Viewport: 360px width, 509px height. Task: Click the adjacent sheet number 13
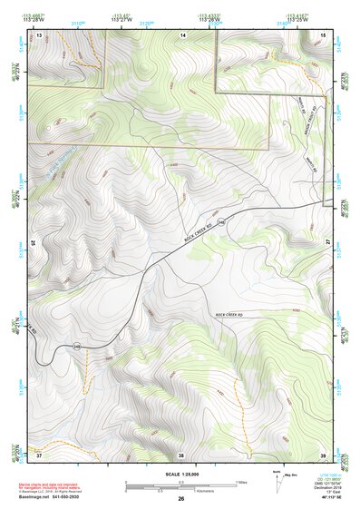(x=39, y=34)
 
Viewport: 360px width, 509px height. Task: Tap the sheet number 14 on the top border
(x=182, y=34)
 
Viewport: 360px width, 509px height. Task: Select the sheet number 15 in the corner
(x=324, y=34)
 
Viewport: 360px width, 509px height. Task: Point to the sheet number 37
(x=39, y=454)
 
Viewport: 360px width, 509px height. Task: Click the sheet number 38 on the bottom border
(x=180, y=454)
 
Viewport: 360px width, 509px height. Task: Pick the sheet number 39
(x=324, y=454)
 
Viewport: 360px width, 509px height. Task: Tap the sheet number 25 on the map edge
(x=34, y=243)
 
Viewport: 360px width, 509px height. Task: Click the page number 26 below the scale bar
(x=180, y=499)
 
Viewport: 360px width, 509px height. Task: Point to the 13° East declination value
(x=327, y=491)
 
